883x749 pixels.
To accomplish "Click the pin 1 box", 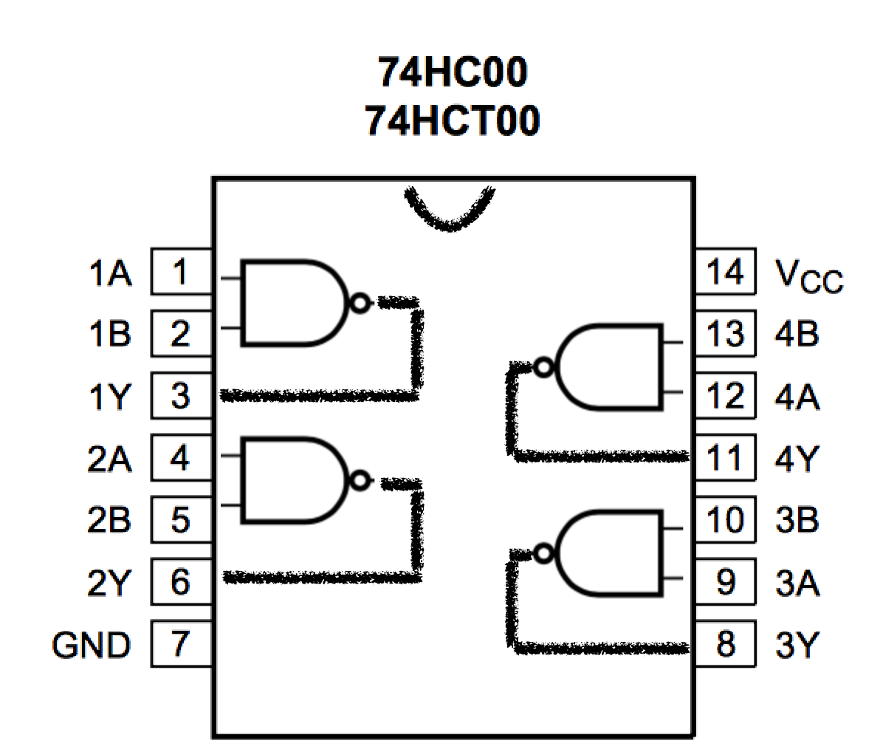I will coord(180,273).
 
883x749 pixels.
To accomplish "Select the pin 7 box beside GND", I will coord(180,645).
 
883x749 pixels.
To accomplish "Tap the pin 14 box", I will coord(725,273).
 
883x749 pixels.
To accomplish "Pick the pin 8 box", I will coord(725,645).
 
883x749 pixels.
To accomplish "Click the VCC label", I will coord(809,277).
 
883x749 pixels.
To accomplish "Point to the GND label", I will coord(91,646).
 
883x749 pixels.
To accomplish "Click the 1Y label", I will coord(109,397).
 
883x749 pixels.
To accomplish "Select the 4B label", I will coord(797,335).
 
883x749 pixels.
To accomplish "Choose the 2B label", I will coord(109,521).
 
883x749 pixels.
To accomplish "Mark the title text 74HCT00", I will coord(453,120).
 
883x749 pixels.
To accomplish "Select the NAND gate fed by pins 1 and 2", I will coord(292,303).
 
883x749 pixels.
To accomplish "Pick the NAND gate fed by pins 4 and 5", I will coord(292,481).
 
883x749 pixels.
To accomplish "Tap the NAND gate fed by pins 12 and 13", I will coord(610,366).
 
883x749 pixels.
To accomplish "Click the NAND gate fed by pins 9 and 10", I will coord(610,552).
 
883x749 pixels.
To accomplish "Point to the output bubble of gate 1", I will coord(360,303).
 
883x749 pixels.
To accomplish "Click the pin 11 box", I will coord(725,459).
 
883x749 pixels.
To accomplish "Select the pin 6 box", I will coord(180,583).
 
